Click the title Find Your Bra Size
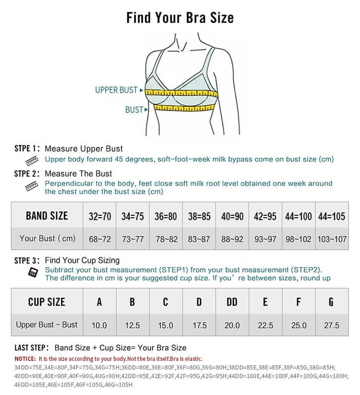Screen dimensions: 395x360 [180, 18]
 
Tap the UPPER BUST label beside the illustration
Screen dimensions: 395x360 [116, 90]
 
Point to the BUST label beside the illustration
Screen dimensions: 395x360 [134, 110]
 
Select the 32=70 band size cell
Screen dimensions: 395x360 [100, 216]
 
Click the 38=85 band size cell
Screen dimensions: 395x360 [199, 216]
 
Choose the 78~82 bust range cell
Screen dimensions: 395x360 [166, 239]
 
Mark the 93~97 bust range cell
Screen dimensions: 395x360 [265, 239]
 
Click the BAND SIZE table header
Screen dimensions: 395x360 [47, 215]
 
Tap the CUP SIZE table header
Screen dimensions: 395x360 [47, 302]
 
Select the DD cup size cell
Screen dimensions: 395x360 [232, 302]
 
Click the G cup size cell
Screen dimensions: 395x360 [331, 302]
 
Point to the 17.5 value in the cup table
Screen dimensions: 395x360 [199, 325]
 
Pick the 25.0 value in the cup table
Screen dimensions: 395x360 [299, 325]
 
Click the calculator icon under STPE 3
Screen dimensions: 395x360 [33, 272]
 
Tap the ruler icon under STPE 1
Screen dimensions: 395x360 [32, 160]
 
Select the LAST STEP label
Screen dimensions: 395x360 [31, 347]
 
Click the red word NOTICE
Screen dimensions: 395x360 [25, 359]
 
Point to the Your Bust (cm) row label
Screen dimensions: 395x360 [47, 238]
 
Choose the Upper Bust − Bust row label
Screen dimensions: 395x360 [47, 324]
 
